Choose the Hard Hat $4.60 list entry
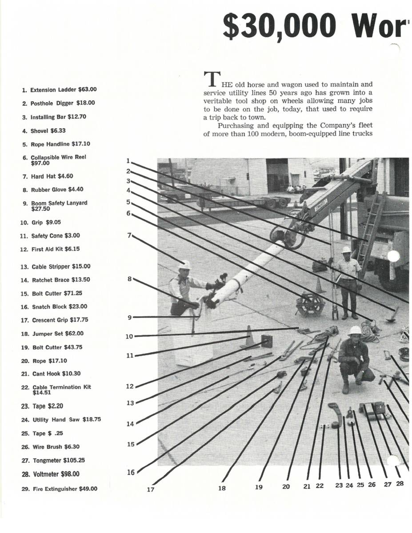[x=52, y=176]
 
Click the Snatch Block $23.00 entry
[x=60, y=306]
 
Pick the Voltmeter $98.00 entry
[x=60, y=474]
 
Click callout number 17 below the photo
[x=150, y=489]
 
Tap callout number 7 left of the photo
[x=129, y=235]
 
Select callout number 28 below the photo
[x=400, y=484]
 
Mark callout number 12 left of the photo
[x=130, y=386]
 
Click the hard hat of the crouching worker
[x=355, y=330]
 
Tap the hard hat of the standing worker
[x=346, y=250]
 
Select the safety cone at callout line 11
[x=249, y=338]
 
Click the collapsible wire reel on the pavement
[x=310, y=303]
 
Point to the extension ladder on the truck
[x=372, y=231]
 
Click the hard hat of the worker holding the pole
[x=185, y=265]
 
